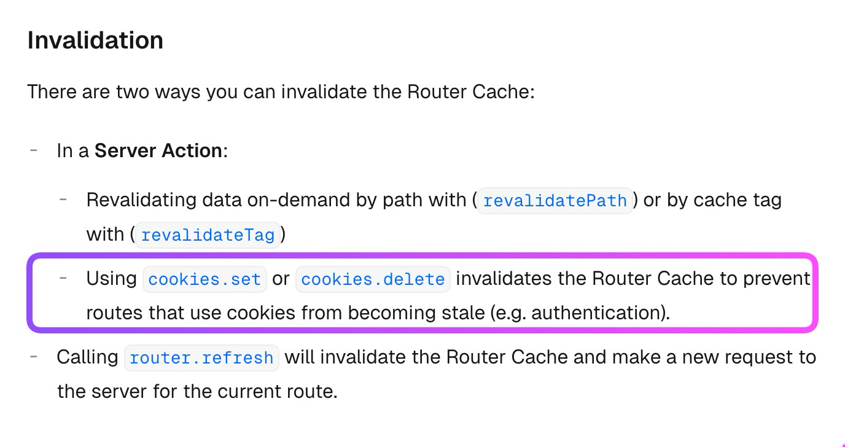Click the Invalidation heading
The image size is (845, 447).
[x=95, y=40]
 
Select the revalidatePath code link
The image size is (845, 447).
[x=555, y=201]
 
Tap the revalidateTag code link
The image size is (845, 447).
[x=208, y=235]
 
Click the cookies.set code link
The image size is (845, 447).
[x=205, y=279]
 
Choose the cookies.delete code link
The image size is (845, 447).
[x=373, y=279]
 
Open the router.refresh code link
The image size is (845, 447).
[x=202, y=358]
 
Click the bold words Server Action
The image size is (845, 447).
[x=158, y=150]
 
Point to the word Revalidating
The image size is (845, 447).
[x=141, y=200]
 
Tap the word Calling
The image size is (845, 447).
[x=88, y=357]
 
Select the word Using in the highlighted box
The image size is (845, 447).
[x=111, y=278]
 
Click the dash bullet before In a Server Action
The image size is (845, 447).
[x=34, y=150]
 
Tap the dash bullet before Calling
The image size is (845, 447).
[x=34, y=357]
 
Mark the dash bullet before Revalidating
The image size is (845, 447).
[x=63, y=199]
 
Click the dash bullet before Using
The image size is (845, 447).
[x=63, y=278]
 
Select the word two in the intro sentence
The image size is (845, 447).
[x=133, y=91]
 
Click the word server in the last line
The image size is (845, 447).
[x=119, y=391]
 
